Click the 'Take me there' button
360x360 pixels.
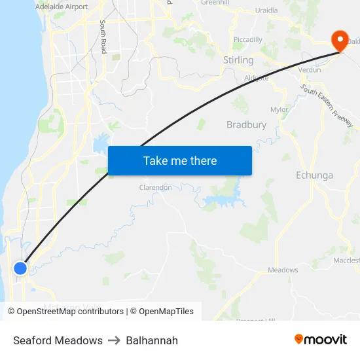(179, 160)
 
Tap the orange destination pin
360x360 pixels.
(340, 41)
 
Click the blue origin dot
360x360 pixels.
(20, 268)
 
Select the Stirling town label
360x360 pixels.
(238, 60)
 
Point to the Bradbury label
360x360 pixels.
(246, 124)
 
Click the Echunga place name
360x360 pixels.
(314, 175)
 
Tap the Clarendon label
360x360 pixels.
(155, 188)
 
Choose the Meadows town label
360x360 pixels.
(283, 270)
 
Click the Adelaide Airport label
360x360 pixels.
(62, 7)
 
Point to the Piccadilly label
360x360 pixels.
(248, 40)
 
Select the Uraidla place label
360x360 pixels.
(266, 10)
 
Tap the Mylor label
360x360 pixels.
(279, 110)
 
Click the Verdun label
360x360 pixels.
(310, 69)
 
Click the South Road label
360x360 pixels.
(103, 37)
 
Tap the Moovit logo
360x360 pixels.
(320, 340)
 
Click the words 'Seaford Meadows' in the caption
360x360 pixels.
(58, 340)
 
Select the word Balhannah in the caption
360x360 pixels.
(152, 340)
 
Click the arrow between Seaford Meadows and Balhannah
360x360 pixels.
(115, 340)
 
